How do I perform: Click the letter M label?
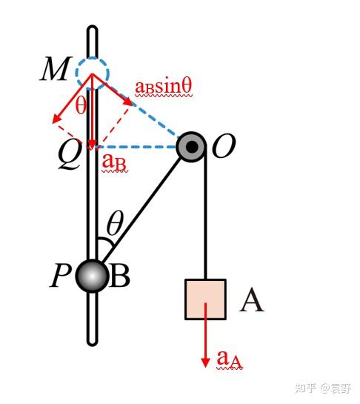pos(56,69)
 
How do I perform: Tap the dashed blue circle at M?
pos(92,59)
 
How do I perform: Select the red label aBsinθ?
pos(164,87)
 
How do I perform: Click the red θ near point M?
pos(81,105)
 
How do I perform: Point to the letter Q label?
pos(70,156)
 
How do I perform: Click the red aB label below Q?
pos(114,163)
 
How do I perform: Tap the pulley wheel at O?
pos(191,147)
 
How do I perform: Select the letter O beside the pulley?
pos(224,146)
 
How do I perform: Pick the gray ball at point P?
pos(92,276)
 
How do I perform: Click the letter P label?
pos(60,276)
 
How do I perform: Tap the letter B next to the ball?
pos(119,276)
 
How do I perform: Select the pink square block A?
pos(205,299)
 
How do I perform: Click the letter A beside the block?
pos(252,300)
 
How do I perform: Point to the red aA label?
pos(230,360)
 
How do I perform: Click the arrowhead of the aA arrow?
pos(205,362)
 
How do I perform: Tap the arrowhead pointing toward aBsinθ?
pos(128,102)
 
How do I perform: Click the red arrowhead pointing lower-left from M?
pos(56,119)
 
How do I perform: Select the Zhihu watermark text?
pos(323,388)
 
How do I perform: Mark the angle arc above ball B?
pos(107,242)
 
